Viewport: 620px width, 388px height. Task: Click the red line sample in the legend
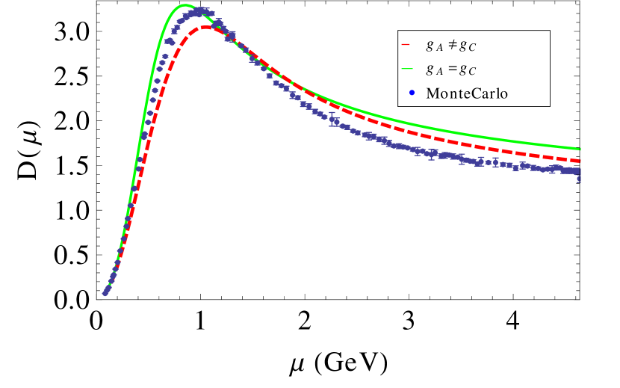406,45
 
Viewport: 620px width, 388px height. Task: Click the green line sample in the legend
406,69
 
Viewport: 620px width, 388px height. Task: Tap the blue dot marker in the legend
406,93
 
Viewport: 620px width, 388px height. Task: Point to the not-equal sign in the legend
451,45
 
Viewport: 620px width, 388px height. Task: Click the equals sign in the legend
451,69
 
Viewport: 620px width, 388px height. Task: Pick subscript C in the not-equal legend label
471,48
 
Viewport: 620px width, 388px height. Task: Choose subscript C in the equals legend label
471,72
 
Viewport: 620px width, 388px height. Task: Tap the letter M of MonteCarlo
432,93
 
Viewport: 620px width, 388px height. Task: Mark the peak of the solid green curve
185,6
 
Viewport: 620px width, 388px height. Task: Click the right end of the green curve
580,149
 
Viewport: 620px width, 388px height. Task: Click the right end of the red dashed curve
580,160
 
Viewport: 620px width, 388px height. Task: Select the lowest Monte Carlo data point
105,293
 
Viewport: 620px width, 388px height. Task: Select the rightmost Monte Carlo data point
580,173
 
